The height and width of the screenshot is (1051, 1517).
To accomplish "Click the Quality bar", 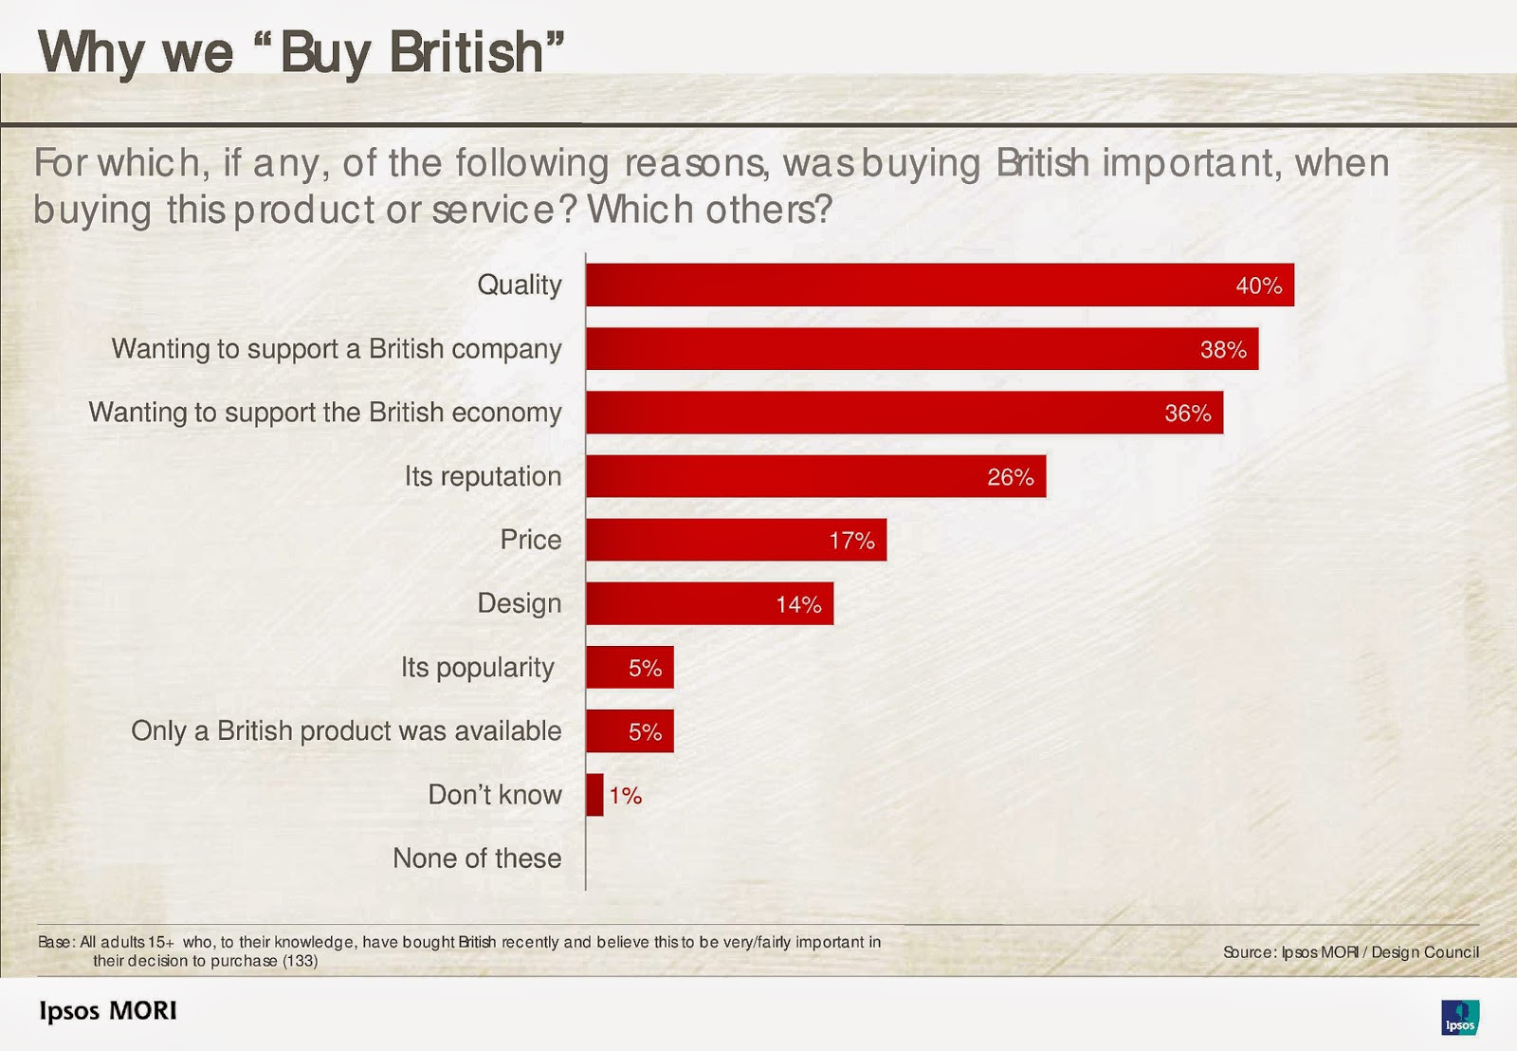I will click(939, 285).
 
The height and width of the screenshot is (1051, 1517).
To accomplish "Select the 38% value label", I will click(1223, 350).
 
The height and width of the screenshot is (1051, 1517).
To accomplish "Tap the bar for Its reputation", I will click(815, 476).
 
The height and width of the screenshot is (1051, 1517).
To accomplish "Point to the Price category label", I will click(530, 540).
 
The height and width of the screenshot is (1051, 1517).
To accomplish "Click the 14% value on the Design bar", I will click(798, 604).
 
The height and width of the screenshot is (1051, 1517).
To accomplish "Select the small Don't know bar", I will click(594, 795).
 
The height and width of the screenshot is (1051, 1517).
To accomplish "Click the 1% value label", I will click(626, 796).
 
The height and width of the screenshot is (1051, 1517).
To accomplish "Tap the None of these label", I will click(477, 858).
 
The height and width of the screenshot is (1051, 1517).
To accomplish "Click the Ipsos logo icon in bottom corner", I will click(1459, 1017).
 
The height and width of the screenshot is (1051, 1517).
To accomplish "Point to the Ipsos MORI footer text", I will click(108, 1010).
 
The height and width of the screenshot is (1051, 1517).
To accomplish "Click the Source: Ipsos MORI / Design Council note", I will click(1350, 952).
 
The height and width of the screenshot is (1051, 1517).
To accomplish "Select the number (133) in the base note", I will click(300, 961).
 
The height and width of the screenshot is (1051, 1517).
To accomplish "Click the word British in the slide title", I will click(466, 52).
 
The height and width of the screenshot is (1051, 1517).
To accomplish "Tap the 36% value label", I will click(1187, 414).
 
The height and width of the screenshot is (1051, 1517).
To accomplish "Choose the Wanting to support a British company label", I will click(337, 349).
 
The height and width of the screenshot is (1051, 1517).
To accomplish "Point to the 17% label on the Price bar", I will click(851, 541).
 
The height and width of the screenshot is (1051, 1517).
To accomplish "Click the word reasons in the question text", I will click(695, 163).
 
